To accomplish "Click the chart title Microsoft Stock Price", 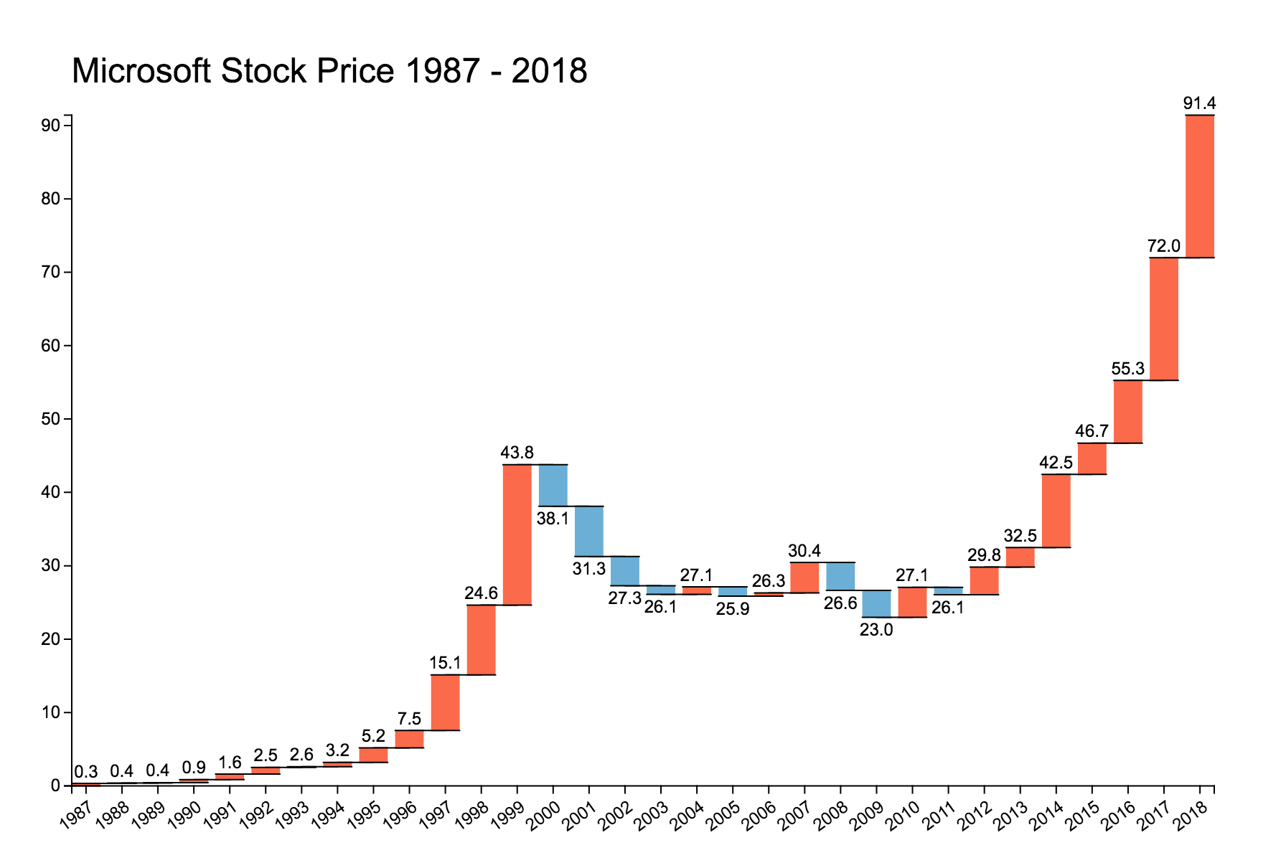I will (x=329, y=72).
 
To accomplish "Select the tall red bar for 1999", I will (x=517, y=534).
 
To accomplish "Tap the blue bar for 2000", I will (x=553, y=485).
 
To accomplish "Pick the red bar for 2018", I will (x=1199, y=186).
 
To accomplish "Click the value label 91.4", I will (x=1199, y=103).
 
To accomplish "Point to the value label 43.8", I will (x=517, y=453).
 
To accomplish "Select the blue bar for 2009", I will (x=876, y=603).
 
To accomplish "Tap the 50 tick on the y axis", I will (x=50, y=419).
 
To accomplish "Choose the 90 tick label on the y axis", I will (x=50, y=126).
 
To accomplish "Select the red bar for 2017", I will (x=1163, y=319).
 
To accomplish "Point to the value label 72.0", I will (x=1163, y=246).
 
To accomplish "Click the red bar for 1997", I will (x=445, y=702).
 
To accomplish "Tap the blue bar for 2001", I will (x=588, y=531).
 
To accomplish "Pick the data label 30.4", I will (x=804, y=551).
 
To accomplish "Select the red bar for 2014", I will (x=1056, y=511).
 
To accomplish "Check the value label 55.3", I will (x=1127, y=369).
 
